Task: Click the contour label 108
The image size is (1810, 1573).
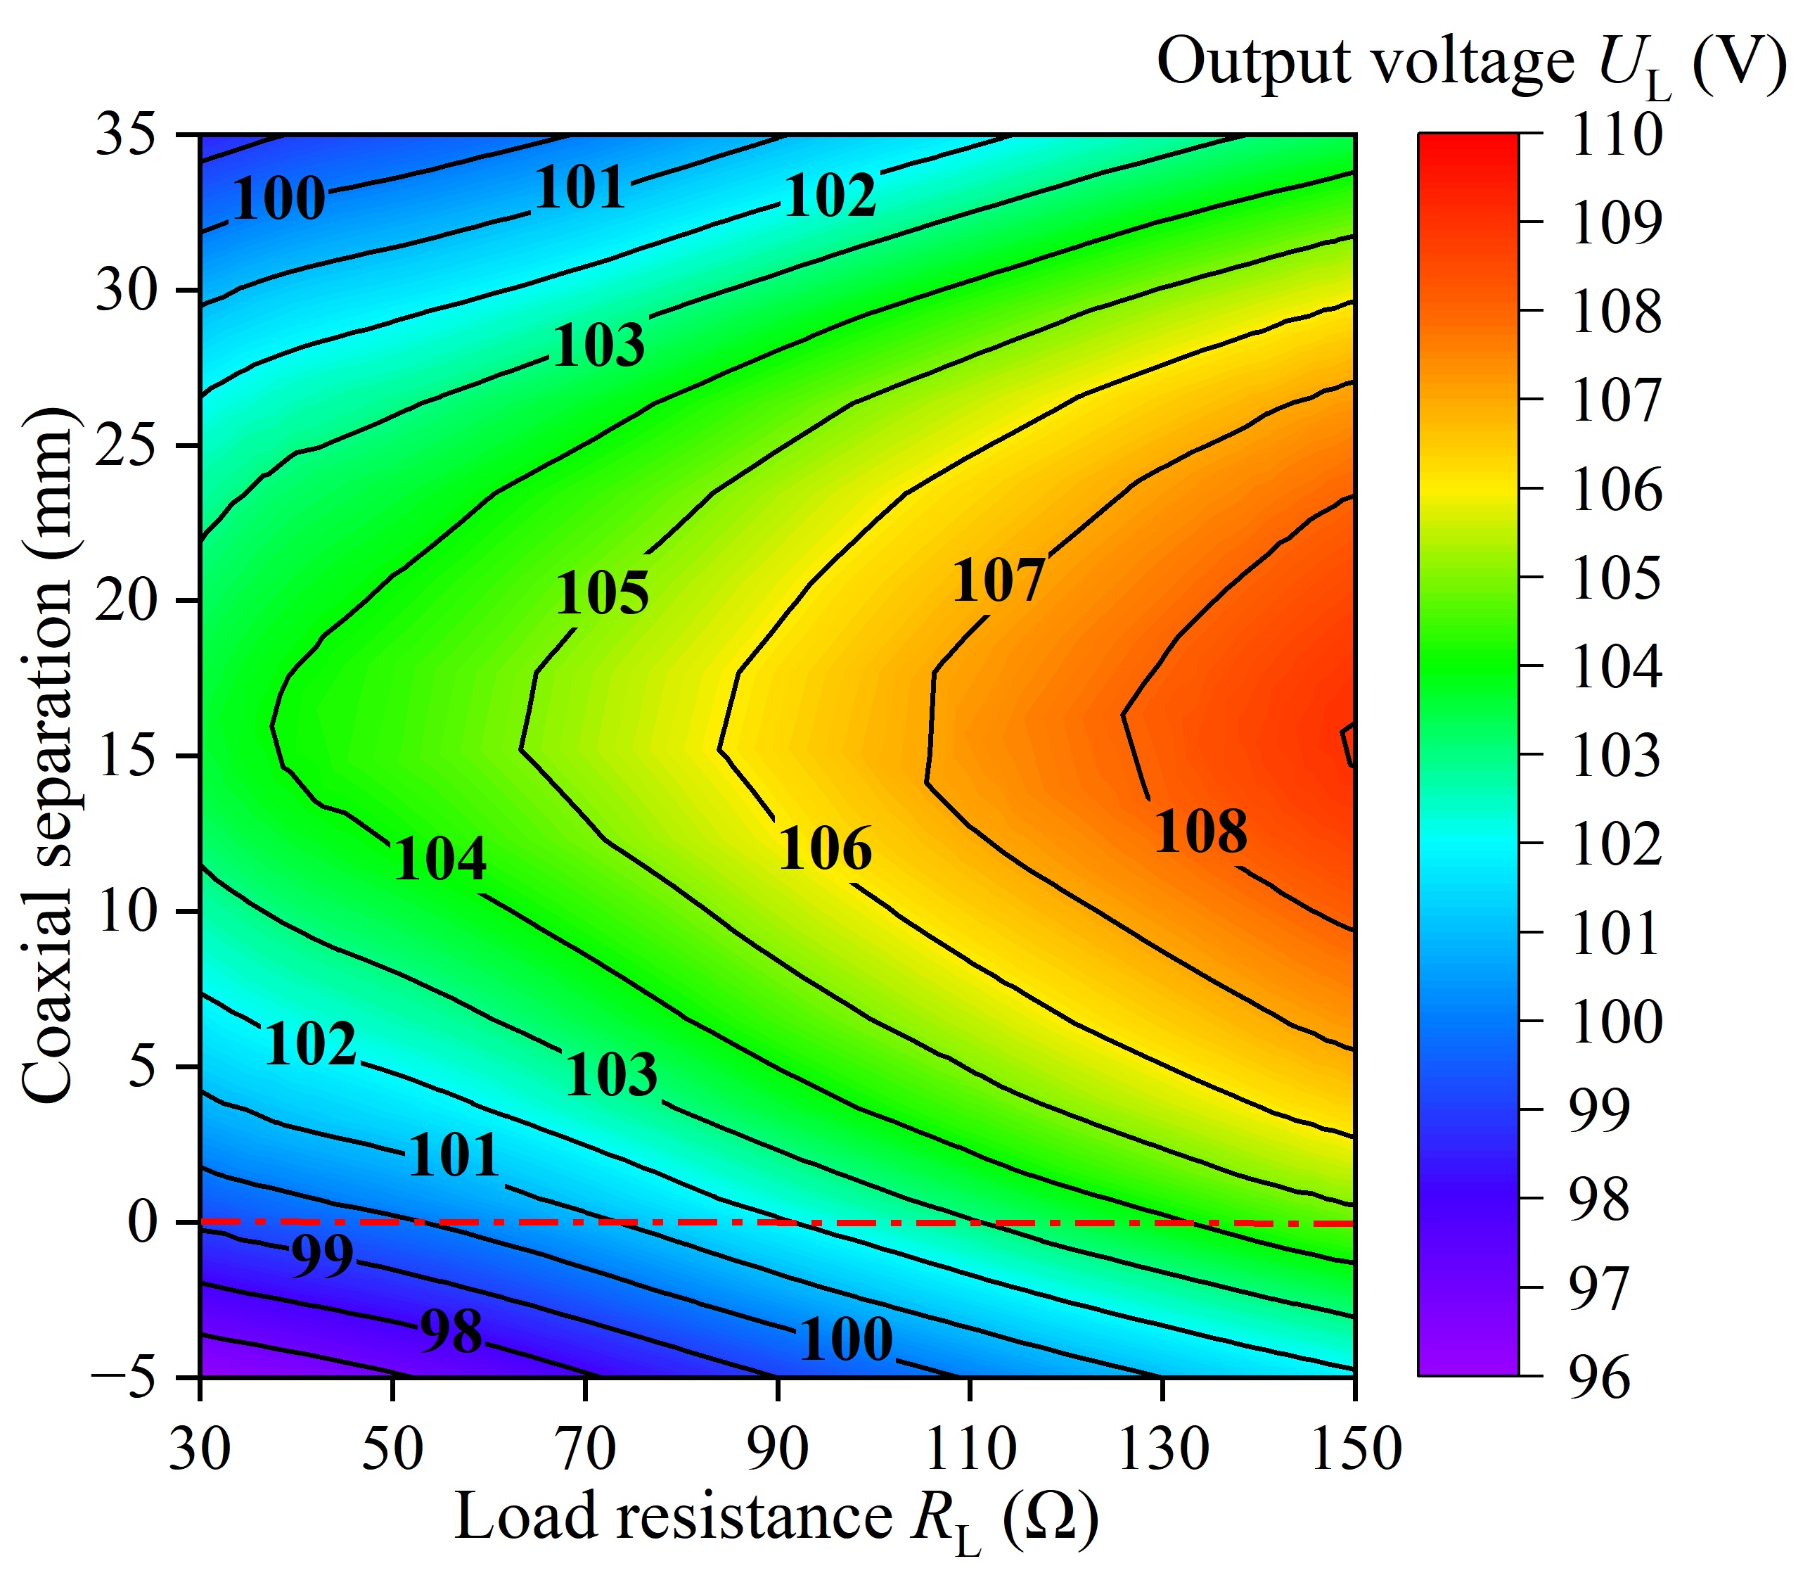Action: pyautogui.click(x=1200, y=832)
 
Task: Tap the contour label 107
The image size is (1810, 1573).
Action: pyautogui.click(x=999, y=580)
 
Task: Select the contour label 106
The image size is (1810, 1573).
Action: pyautogui.click(x=825, y=849)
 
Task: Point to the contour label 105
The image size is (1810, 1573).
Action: pyautogui.click(x=602, y=592)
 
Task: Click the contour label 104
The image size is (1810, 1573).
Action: pyautogui.click(x=439, y=860)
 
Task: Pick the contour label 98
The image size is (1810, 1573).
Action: pyautogui.click(x=451, y=1332)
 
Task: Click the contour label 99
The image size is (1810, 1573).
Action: pyautogui.click(x=322, y=1256)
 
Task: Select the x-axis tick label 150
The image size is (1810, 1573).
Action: pyautogui.click(x=1356, y=1449)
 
